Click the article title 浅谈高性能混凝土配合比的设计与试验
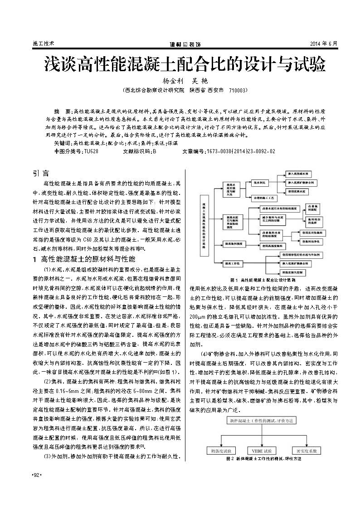pos(184,65)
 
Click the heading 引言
pos(42,174)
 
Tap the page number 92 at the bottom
pos(36,475)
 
